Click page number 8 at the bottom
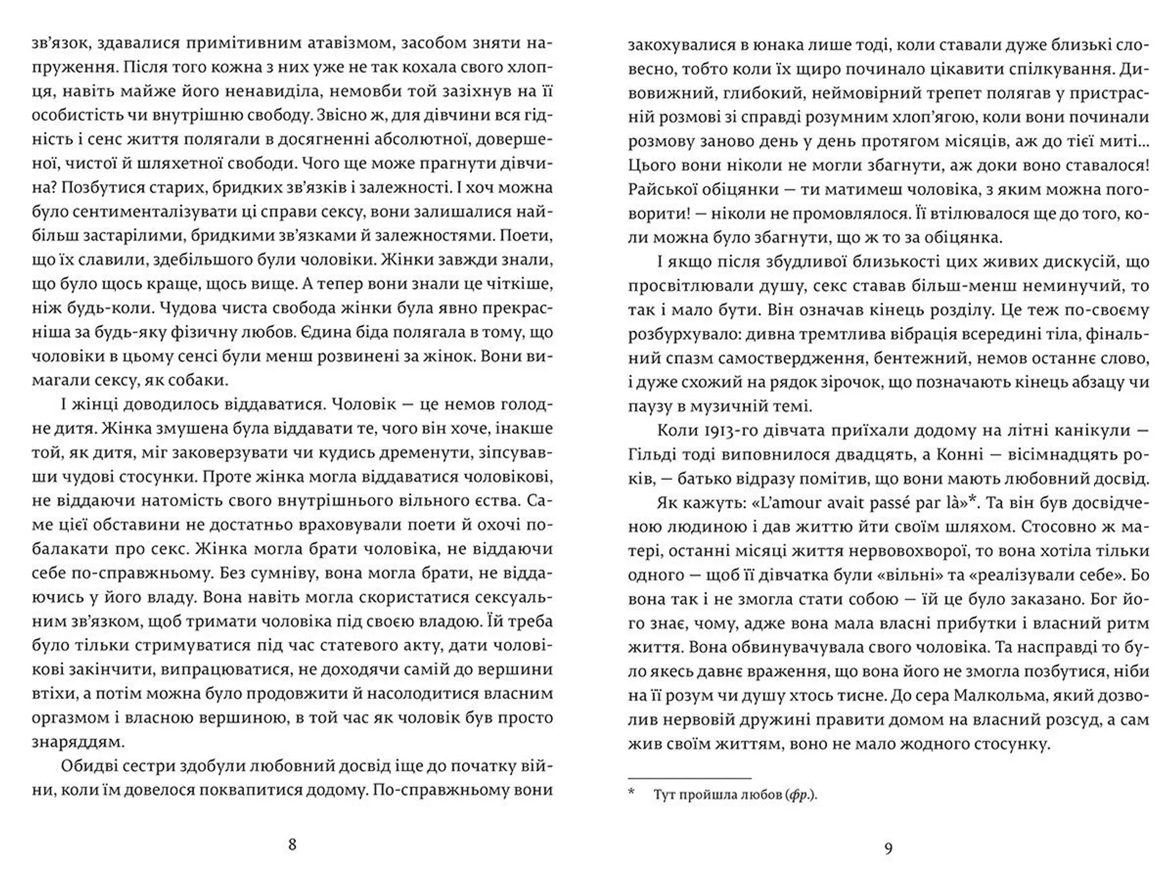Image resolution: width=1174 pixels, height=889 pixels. click(x=292, y=844)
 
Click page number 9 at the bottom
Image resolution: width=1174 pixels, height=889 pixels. click(x=888, y=848)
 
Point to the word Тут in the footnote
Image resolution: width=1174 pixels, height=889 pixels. click(x=665, y=795)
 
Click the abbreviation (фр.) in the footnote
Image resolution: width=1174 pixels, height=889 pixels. click(x=800, y=795)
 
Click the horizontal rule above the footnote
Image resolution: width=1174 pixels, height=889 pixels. click(x=689, y=778)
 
